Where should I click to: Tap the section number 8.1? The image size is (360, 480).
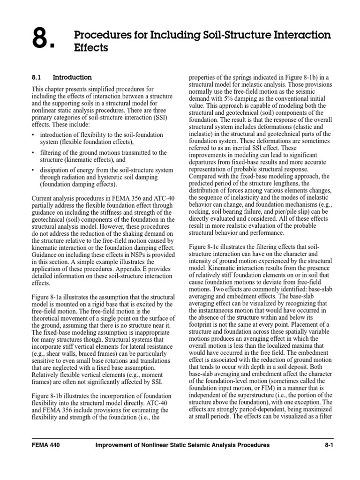coord(37,77)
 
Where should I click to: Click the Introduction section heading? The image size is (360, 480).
coord(72,77)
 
